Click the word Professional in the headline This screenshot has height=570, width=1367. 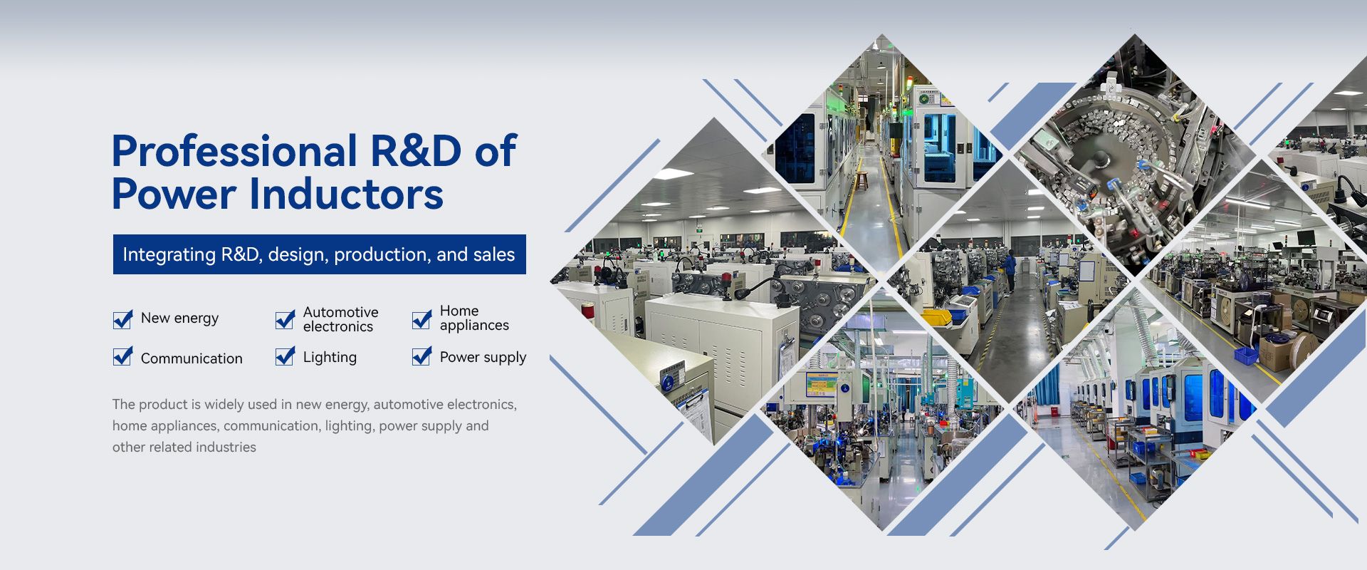pos(235,151)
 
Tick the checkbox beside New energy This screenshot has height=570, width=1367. pos(122,319)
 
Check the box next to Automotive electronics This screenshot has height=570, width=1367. pos(285,319)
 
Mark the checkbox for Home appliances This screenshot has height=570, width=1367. pos(421,319)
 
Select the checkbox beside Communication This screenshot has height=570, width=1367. pos(122,356)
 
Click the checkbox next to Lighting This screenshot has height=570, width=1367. pos(285,356)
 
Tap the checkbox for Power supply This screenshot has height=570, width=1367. pos(421,356)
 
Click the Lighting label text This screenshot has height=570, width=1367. pos(330,358)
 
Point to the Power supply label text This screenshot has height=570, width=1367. pos(483,358)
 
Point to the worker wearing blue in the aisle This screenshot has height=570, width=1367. pos(1010,271)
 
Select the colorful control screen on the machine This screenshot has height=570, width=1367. pos(821,385)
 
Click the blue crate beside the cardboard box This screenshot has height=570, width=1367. pos(1245,356)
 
